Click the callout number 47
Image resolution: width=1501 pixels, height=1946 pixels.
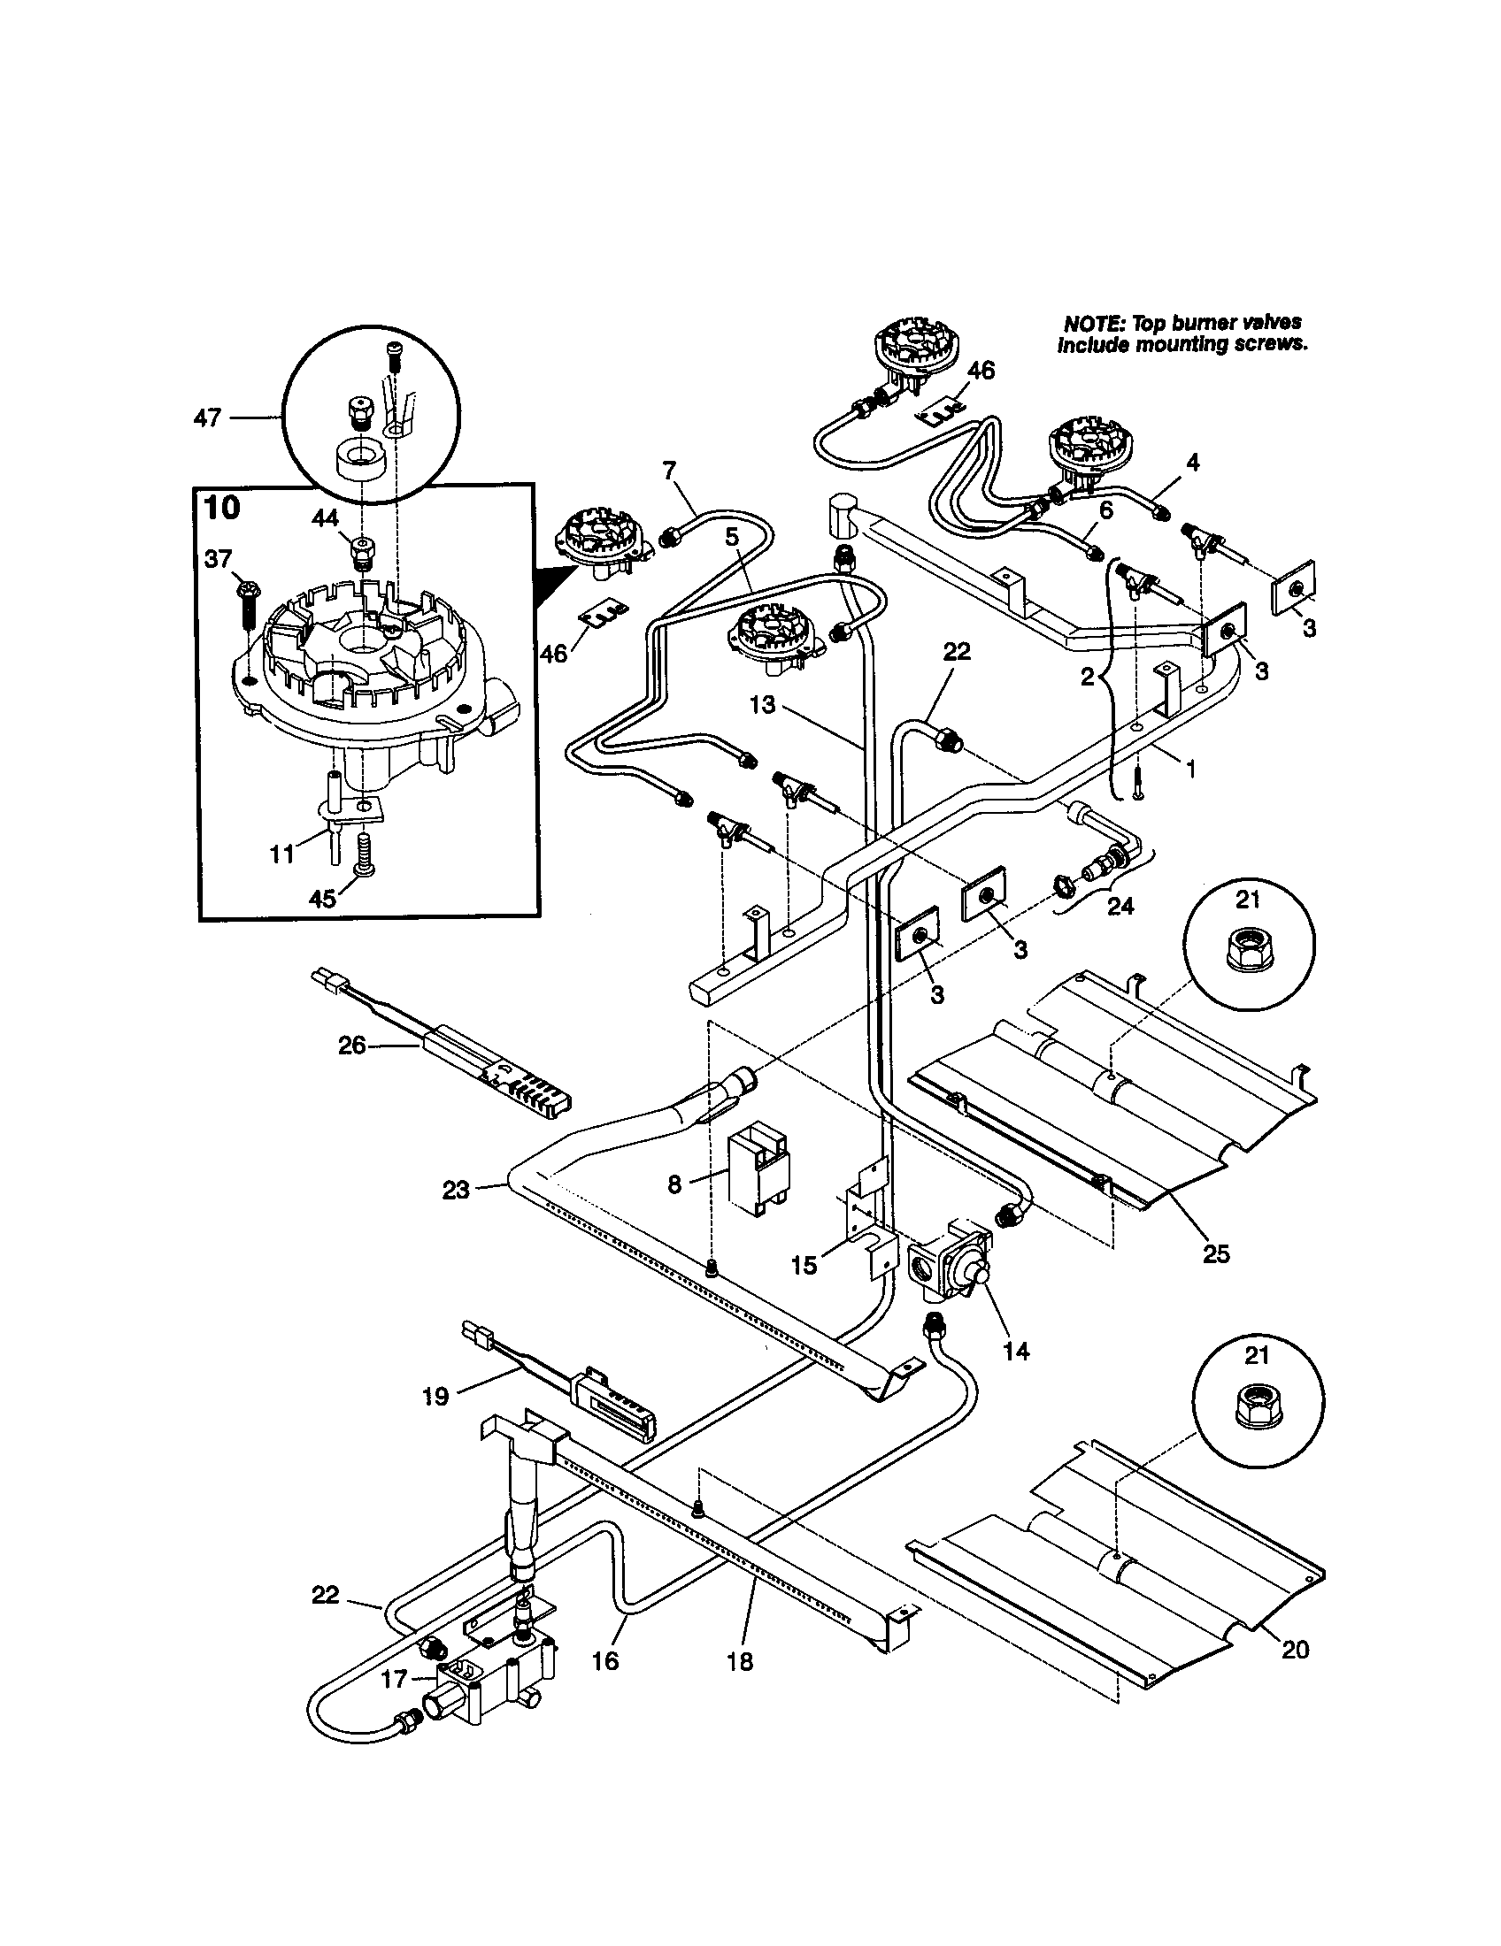[x=207, y=417]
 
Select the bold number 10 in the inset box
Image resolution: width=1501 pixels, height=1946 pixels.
[x=222, y=509]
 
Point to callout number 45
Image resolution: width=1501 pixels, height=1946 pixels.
[x=322, y=898]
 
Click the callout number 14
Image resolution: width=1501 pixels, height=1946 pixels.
[x=1016, y=1351]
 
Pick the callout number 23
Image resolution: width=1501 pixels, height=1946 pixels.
[x=456, y=1190]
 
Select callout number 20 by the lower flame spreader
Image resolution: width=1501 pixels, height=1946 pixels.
[x=1295, y=1650]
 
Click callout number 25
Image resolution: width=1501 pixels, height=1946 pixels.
[x=1216, y=1253]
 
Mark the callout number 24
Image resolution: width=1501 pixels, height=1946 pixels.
[x=1120, y=905]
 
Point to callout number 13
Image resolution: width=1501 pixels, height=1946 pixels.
[x=763, y=705]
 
